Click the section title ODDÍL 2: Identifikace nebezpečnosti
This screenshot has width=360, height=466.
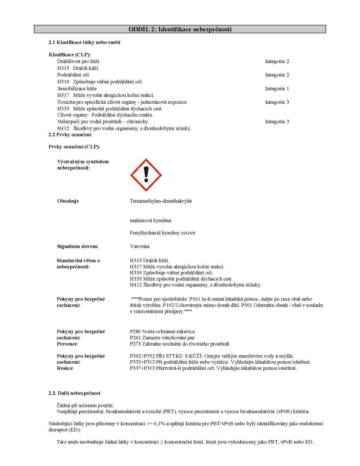(180, 29)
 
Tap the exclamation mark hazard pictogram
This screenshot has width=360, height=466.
(146, 175)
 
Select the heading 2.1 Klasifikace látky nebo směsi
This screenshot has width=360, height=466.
(84, 42)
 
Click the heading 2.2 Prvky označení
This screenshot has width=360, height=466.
(70, 135)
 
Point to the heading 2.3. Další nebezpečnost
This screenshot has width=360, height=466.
(74, 393)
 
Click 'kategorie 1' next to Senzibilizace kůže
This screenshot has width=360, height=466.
(277, 88)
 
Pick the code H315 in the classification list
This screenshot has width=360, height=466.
(63, 68)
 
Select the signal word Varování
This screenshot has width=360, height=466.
(140, 246)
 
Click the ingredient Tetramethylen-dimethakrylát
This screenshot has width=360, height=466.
(161, 201)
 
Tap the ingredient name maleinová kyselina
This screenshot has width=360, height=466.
(150, 221)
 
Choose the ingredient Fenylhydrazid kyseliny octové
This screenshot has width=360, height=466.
(162, 233)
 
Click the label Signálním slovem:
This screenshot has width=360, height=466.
(78, 246)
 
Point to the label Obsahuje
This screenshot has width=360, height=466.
(68, 201)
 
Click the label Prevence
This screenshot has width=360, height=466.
(67, 344)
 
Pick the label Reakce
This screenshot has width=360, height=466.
(65, 368)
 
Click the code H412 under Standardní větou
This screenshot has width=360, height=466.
(136, 285)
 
